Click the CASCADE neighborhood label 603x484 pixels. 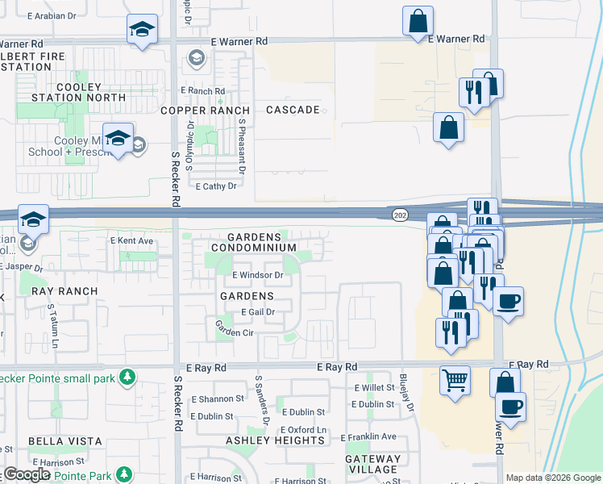coord(293,110)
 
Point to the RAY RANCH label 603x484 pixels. coord(64,291)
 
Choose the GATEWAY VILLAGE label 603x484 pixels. coord(372,464)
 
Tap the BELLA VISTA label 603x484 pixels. coord(65,441)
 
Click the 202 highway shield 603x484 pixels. coord(400,215)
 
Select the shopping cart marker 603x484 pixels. coord(455,378)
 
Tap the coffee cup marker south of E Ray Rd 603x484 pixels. coord(509,405)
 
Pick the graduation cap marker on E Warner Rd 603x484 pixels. coord(142,31)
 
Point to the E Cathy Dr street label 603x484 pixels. coord(216,186)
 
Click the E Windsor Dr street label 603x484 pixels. coord(259,275)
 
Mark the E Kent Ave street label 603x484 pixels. coord(131,241)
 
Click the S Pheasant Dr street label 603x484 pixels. coord(241,146)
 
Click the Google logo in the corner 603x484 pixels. coord(27,474)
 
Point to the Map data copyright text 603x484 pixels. coord(552,478)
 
